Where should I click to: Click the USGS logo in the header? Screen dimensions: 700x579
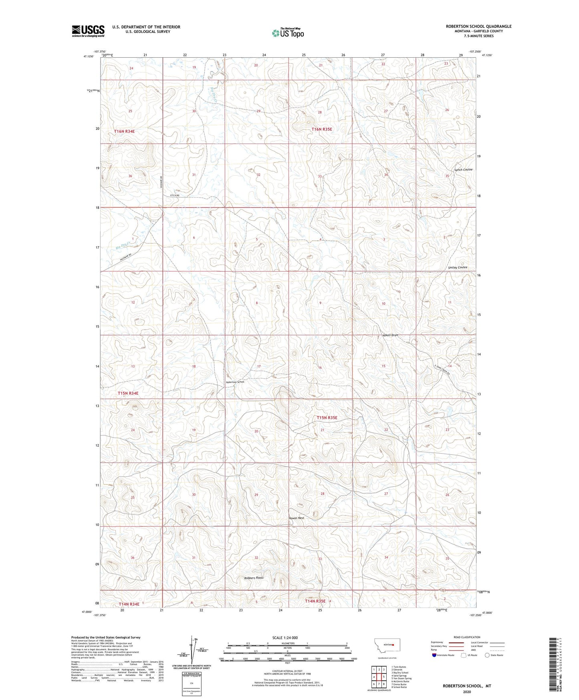click(88, 31)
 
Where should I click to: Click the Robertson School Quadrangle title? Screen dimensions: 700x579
click(478, 26)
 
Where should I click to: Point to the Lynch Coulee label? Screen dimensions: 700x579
click(463, 170)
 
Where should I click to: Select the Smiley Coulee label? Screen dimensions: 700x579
click(458, 267)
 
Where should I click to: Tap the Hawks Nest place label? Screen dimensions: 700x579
click(297, 518)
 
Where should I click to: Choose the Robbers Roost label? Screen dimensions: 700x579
click(254, 578)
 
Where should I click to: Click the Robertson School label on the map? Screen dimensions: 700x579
click(235, 382)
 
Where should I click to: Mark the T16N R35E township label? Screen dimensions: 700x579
click(322, 129)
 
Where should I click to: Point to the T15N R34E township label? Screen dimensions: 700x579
click(128, 393)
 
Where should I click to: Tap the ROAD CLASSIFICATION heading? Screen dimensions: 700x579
click(467, 637)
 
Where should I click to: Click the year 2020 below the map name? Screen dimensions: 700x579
click(467, 692)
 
